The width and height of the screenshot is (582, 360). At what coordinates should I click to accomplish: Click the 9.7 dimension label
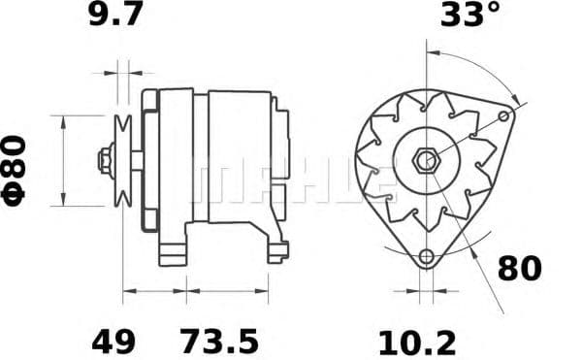pyautogui.click(x=115, y=16)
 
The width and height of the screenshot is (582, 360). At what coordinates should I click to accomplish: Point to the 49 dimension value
pyautogui.click(x=113, y=341)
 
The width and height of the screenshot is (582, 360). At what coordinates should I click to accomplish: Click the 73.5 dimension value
pyautogui.click(x=219, y=341)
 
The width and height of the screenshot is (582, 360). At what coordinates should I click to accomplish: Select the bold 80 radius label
pyautogui.click(x=520, y=269)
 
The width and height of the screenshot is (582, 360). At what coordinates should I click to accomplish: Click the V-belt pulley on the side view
pyautogui.click(x=123, y=160)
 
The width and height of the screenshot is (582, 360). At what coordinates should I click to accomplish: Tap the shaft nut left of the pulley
pyautogui.click(x=102, y=160)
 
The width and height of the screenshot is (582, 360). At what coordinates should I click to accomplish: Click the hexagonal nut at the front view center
pyautogui.click(x=424, y=160)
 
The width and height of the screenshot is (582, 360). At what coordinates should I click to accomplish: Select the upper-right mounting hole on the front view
pyautogui.click(x=503, y=116)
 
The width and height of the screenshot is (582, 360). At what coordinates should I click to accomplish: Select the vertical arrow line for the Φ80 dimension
pyautogui.click(x=64, y=160)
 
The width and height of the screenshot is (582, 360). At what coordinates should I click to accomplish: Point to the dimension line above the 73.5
pyautogui.click(x=227, y=290)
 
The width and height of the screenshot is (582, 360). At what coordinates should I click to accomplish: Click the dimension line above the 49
pyautogui.click(x=154, y=290)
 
